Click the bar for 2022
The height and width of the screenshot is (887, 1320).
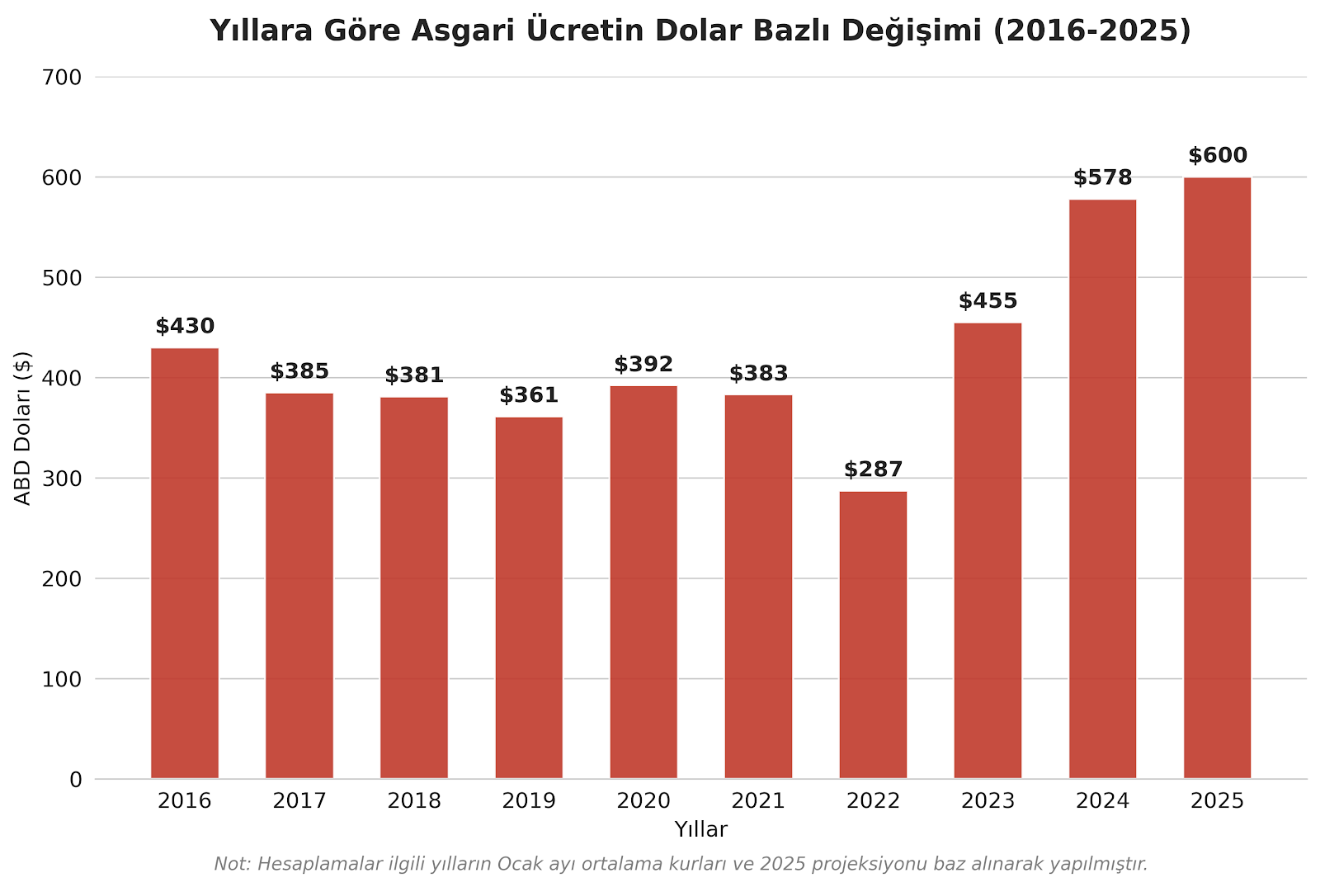point(873,635)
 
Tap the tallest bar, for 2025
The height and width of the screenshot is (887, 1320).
point(1217,479)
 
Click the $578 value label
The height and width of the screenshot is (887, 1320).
point(1102,178)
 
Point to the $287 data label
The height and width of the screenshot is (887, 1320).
point(873,470)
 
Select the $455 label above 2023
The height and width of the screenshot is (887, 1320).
point(988,301)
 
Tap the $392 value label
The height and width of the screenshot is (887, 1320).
point(643,365)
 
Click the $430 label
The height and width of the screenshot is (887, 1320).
point(185,327)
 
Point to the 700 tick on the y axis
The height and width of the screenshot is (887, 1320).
point(62,78)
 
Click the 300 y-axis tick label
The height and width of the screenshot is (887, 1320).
point(62,479)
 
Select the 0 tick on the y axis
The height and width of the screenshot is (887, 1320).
point(76,780)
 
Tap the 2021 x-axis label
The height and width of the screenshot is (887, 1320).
point(758,801)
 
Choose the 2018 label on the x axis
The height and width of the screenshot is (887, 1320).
point(414,801)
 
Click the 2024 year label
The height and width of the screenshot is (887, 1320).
point(1102,801)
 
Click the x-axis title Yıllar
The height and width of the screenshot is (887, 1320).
point(700,830)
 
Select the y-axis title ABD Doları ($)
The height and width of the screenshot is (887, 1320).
point(23,428)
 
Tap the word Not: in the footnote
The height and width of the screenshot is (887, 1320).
point(233,865)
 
